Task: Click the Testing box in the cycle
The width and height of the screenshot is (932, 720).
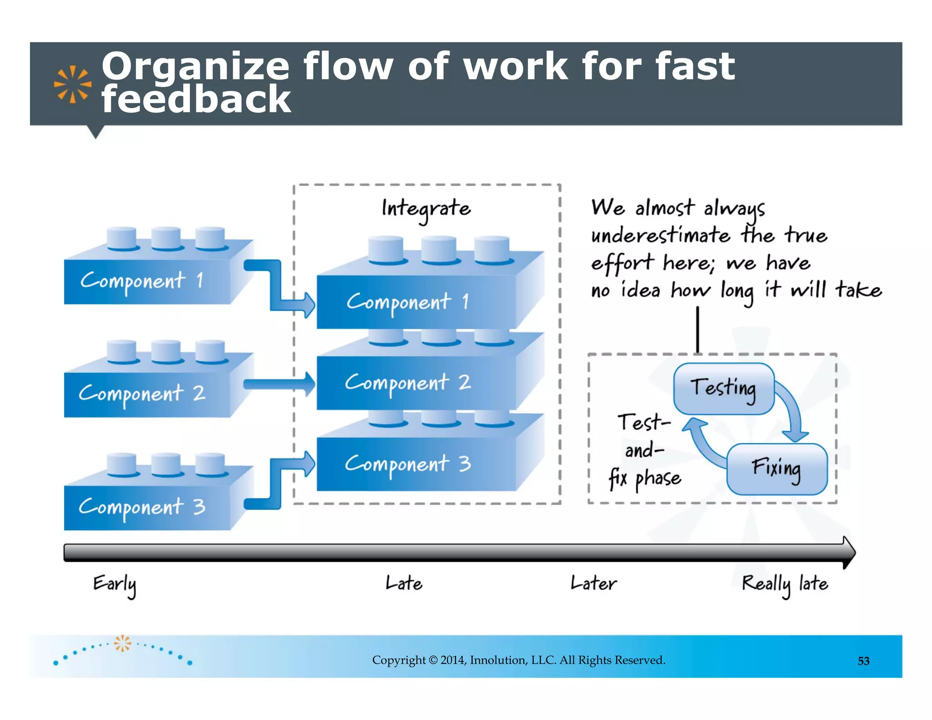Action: click(x=723, y=388)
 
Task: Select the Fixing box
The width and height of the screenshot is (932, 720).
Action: click(x=776, y=469)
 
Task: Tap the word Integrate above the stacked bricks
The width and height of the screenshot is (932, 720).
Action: click(x=426, y=209)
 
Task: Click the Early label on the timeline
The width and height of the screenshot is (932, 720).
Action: click(x=114, y=584)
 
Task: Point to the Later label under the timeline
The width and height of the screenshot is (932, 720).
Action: click(x=593, y=583)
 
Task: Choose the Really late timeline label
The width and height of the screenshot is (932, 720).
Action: click(x=785, y=584)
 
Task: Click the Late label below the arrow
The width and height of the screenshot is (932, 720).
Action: click(x=404, y=583)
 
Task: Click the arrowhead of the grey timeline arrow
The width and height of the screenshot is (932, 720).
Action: click(x=849, y=553)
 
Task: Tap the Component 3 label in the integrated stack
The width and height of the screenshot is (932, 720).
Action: click(x=407, y=464)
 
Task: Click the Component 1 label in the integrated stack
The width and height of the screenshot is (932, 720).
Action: click(x=407, y=302)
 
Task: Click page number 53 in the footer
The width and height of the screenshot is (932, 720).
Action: click(x=863, y=661)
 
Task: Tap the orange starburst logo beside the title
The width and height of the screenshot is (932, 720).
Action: click(x=72, y=85)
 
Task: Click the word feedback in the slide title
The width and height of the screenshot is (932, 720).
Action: click(x=196, y=100)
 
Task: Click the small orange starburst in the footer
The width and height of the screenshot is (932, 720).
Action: click(x=122, y=643)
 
